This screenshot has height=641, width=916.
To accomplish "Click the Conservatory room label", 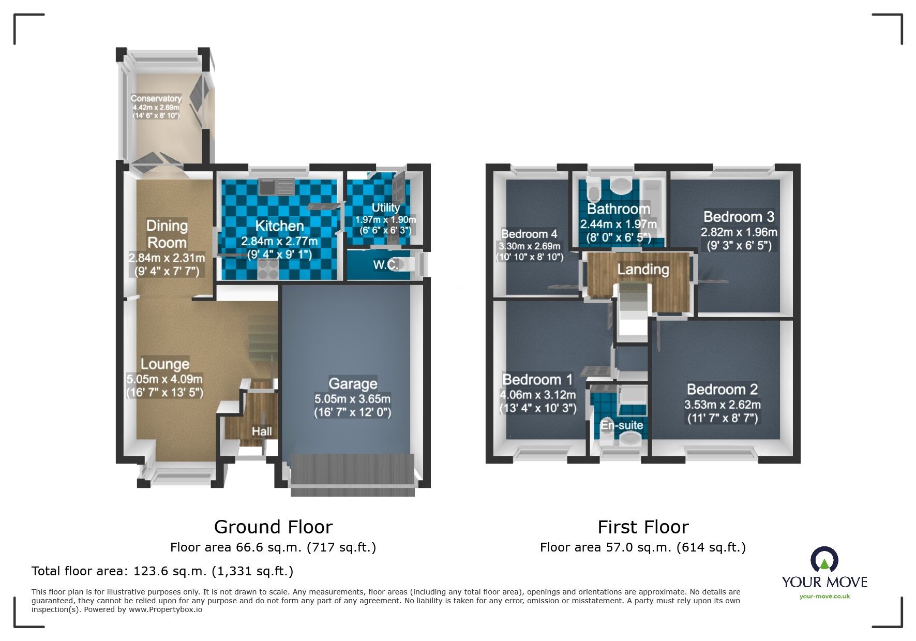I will [156, 98].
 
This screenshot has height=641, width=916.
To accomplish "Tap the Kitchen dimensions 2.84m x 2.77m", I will [279, 241].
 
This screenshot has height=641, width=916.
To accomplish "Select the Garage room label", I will [353, 384].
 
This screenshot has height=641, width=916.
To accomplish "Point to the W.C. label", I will [385, 265].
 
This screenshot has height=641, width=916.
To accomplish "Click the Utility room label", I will [386, 207].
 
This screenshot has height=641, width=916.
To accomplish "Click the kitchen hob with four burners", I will [268, 267].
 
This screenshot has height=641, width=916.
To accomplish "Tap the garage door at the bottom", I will [353, 474].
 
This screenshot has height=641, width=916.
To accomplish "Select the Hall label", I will [262, 431].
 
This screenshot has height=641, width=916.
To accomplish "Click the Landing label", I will [643, 270].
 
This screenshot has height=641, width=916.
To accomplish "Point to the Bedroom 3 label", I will [739, 217].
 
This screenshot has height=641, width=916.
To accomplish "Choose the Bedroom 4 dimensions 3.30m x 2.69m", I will [529, 246].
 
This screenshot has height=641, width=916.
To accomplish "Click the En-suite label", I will [622, 425].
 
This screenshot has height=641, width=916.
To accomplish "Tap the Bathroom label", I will [618, 209].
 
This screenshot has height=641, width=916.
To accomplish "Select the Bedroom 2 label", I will [722, 389].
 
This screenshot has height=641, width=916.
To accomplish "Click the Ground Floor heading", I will [273, 527].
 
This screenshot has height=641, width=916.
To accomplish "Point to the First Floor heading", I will [643, 527].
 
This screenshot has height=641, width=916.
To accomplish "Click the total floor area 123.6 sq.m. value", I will [171, 571].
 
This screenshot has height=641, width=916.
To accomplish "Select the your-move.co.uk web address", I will [824, 597].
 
